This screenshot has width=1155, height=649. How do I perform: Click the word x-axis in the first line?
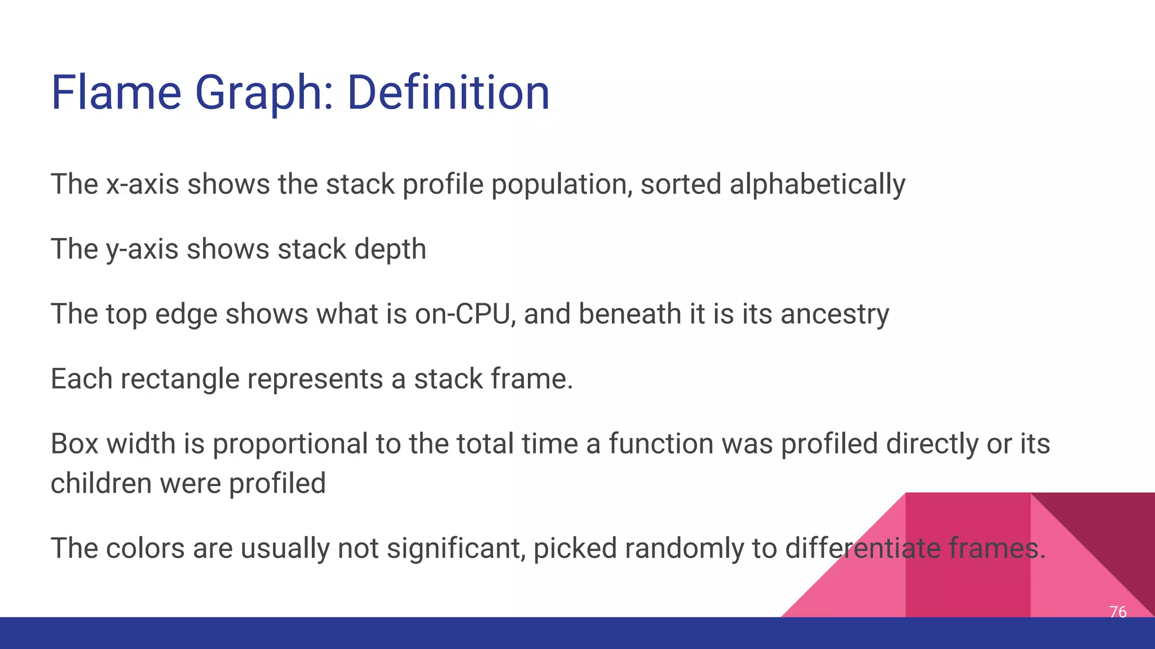tap(143, 184)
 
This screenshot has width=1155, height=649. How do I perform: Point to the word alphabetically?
tap(817, 184)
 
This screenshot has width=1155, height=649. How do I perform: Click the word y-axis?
tap(143, 249)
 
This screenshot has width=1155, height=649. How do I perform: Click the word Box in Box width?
tap(74, 443)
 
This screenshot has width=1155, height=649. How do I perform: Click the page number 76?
tap(1117, 612)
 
